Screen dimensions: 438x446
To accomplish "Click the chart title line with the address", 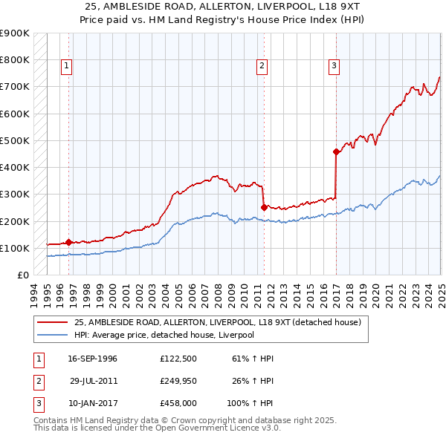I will coord(222,6).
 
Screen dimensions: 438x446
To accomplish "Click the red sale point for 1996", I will coord(68,241).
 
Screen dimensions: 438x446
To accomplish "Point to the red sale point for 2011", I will coord(264,207).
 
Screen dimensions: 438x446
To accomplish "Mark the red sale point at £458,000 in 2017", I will coord(336,152).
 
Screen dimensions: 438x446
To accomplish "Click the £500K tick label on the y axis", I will coord(15,140).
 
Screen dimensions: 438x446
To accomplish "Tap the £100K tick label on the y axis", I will coord(15,248).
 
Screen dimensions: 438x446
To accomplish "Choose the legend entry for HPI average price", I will coord(164,335).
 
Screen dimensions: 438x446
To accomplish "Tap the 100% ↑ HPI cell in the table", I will coord(251,405).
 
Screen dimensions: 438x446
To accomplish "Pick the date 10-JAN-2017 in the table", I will coord(92,405).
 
